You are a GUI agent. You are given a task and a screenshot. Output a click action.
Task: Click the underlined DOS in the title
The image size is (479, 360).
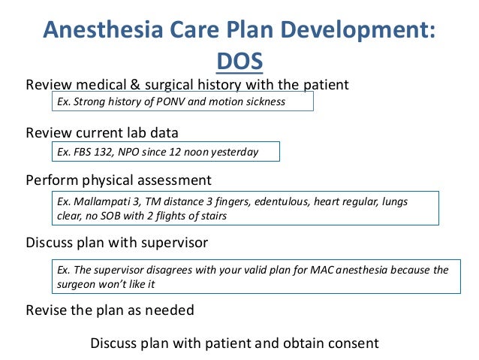coord(239,60)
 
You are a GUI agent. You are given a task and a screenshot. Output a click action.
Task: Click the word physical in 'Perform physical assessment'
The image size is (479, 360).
coord(106,181)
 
